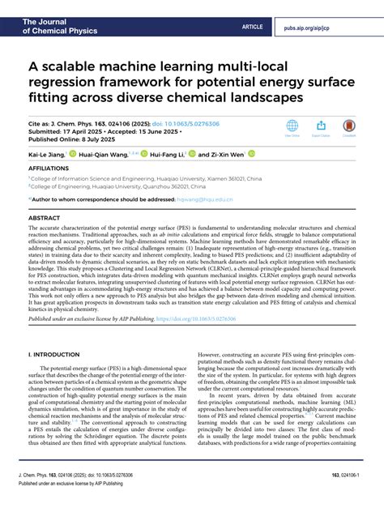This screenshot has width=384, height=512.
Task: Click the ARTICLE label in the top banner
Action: click(252, 27)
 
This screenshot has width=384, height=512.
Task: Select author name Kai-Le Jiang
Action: click(47, 153)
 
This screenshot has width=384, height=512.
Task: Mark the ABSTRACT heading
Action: click(45, 219)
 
